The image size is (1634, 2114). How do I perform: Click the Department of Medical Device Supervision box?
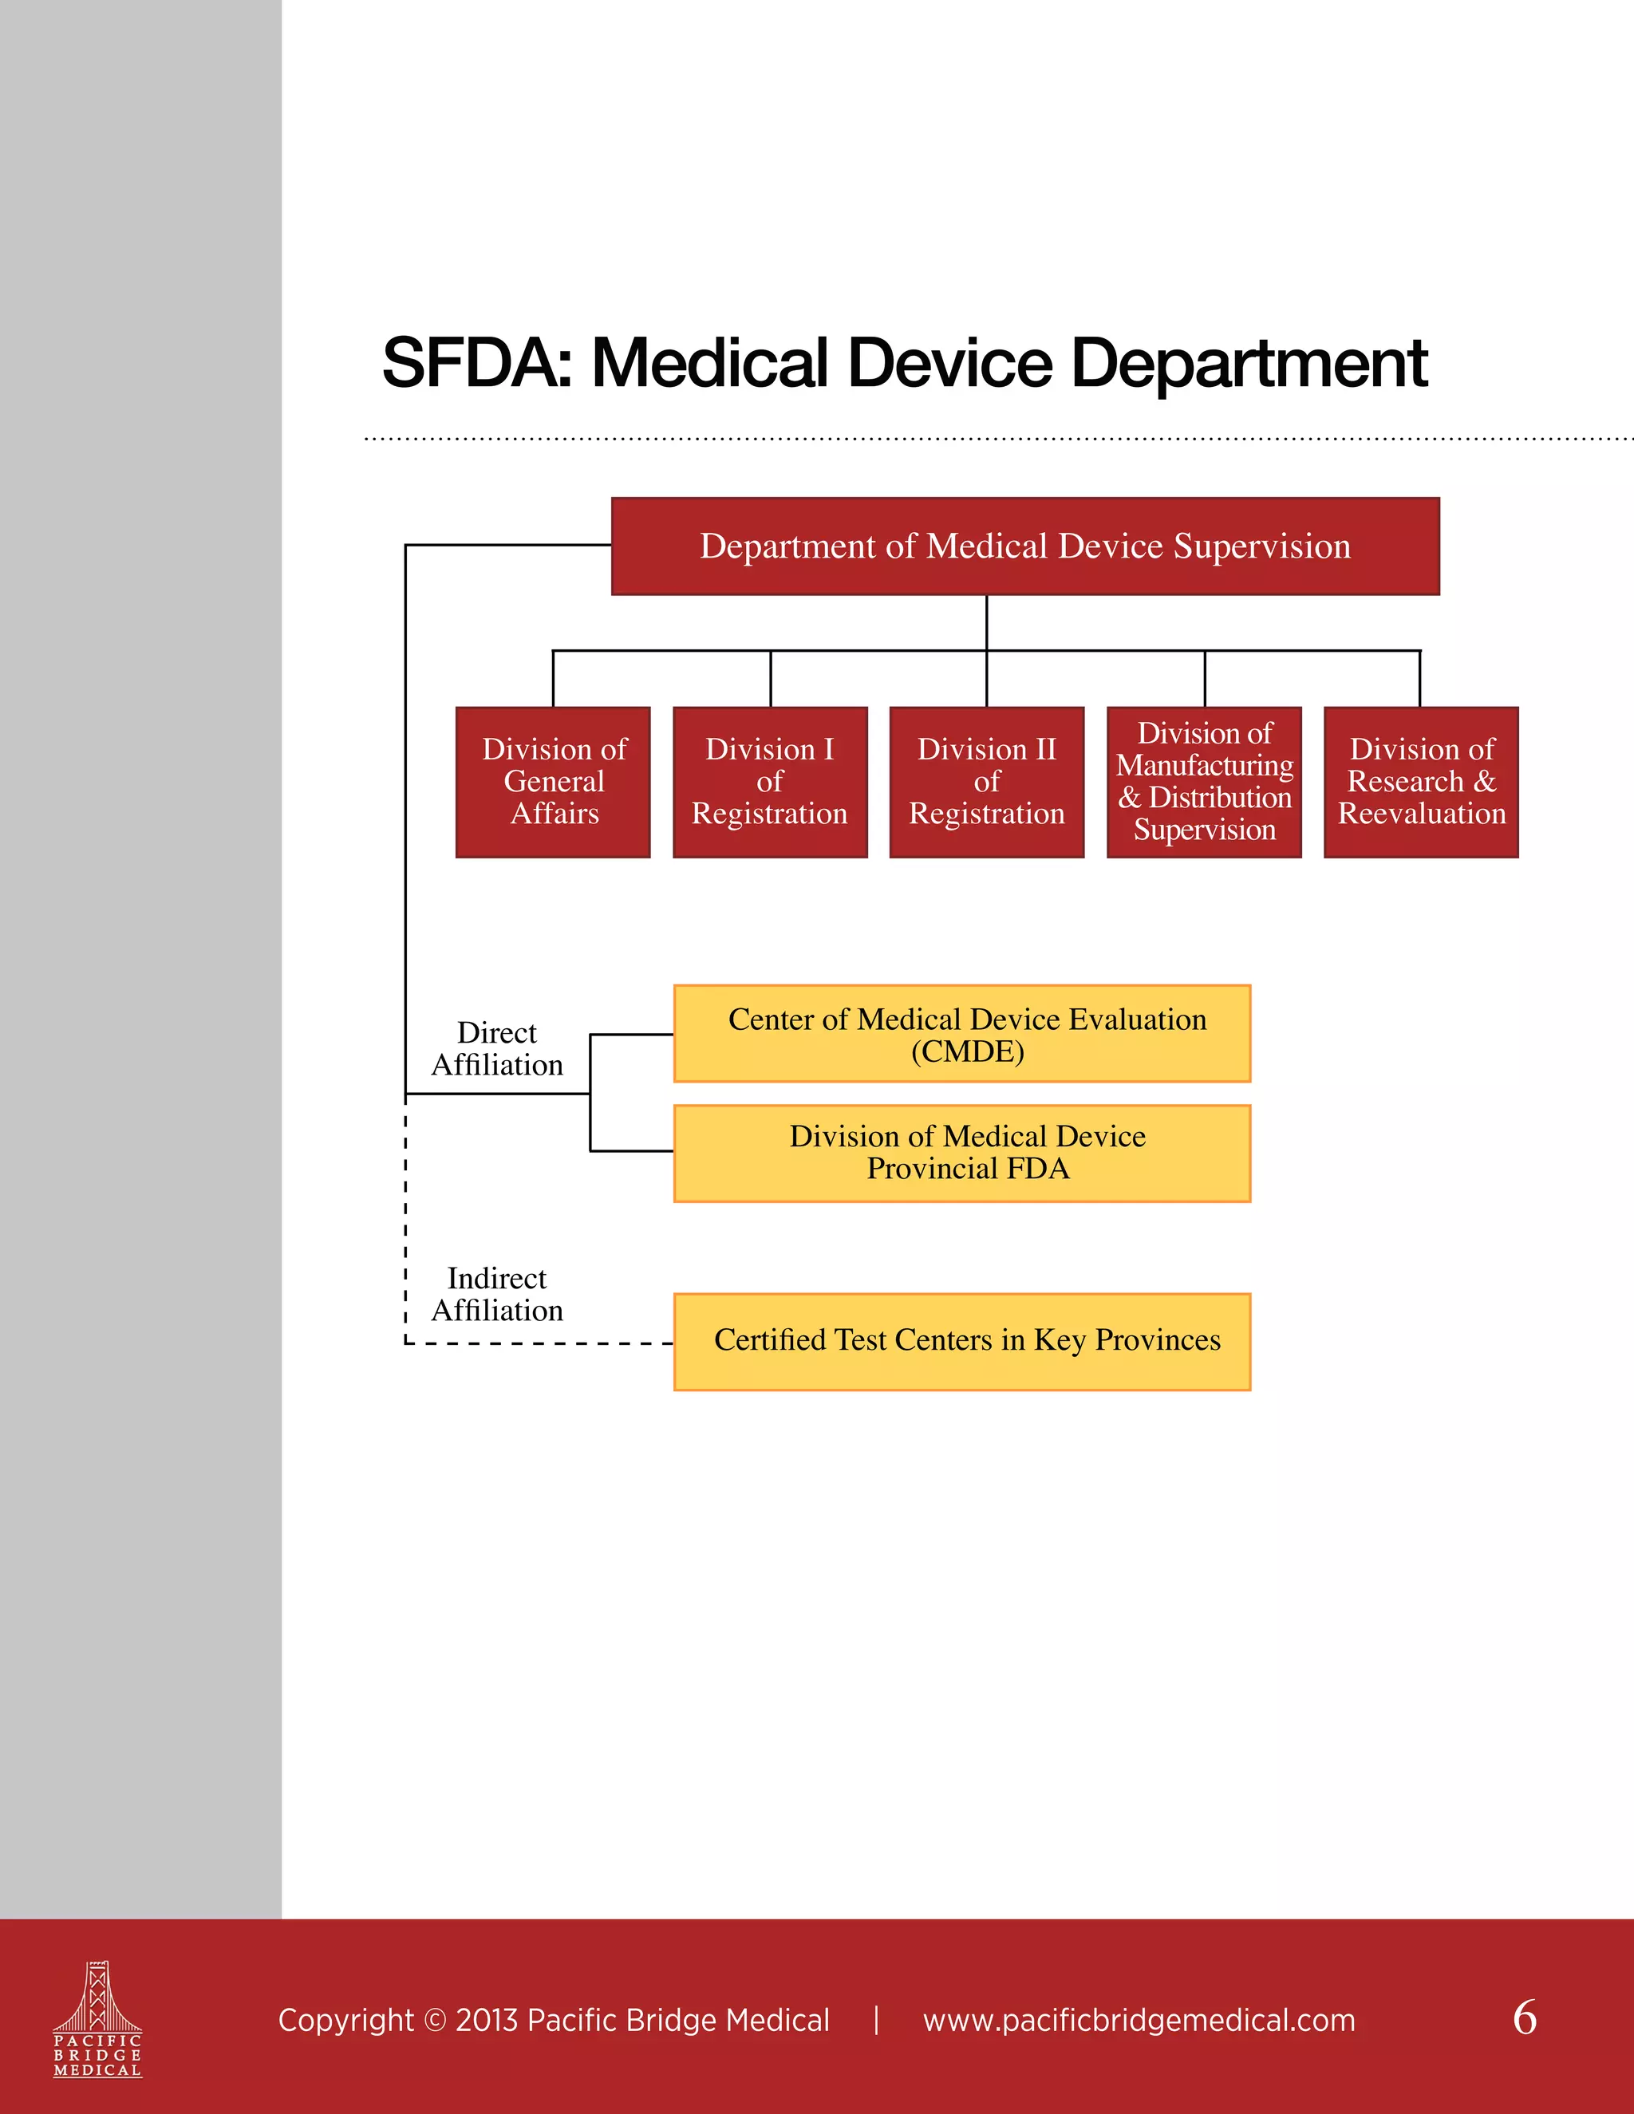[x=1025, y=546]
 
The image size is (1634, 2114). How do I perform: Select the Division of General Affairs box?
[x=553, y=782]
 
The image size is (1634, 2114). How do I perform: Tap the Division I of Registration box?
[x=770, y=782]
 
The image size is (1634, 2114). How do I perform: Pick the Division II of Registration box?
[x=986, y=782]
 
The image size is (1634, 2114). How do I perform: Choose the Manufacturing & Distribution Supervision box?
[x=1204, y=782]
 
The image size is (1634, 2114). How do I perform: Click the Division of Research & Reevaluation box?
[x=1421, y=782]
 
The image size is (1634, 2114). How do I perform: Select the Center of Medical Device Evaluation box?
[x=962, y=1033]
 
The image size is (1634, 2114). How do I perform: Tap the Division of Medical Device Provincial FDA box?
[x=962, y=1153]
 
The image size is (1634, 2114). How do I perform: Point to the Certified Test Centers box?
[x=962, y=1342]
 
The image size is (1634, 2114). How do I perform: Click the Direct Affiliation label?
[x=496, y=1048]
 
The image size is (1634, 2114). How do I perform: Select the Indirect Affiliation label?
[x=496, y=1294]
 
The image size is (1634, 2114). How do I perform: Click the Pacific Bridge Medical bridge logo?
[x=97, y=2018]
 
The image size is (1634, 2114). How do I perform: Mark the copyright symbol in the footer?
[x=436, y=2021]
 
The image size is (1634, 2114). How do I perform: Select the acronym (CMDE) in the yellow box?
[x=967, y=1051]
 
